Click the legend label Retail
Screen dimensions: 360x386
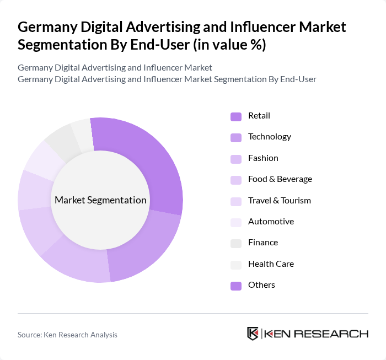259,116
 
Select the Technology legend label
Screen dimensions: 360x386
269,137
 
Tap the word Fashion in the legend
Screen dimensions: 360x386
263,158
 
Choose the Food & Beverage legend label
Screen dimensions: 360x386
280,179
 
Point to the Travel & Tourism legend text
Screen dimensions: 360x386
279,201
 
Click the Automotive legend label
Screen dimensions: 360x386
271,222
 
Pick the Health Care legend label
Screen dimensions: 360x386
271,264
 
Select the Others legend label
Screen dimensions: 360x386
261,285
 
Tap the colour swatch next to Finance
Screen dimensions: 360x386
236,243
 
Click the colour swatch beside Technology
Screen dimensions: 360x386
236,137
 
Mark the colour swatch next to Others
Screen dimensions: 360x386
236,286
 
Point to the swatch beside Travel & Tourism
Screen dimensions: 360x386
236,201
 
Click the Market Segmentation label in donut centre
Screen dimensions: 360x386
100,200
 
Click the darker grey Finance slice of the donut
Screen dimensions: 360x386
60,142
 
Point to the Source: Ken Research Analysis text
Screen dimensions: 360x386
67,335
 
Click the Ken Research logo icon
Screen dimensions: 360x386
253,334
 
